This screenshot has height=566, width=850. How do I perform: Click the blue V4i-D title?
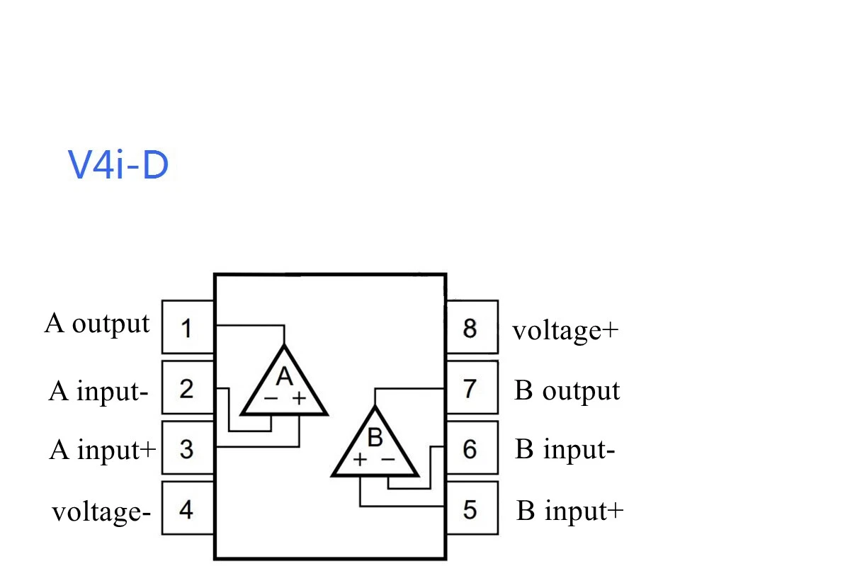point(118,164)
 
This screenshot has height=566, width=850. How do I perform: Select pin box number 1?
point(188,327)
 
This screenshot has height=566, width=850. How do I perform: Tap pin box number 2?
point(188,388)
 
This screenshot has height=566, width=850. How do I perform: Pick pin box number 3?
point(188,448)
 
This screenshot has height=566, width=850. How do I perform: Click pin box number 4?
point(188,509)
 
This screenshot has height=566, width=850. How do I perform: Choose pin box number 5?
point(471,509)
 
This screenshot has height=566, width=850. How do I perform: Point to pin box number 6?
point(471,448)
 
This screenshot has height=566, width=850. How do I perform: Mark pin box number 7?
point(471,388)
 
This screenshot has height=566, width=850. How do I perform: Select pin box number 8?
point(471,327)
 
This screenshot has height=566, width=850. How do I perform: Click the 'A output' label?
point(97,324)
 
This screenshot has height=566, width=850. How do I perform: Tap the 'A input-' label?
point(98,390)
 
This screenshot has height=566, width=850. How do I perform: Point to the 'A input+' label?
point(102,449)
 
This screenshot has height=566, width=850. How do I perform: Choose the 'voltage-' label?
point(101,511)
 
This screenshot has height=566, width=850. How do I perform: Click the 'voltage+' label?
point(565,331)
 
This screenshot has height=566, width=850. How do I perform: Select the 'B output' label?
point(567,390)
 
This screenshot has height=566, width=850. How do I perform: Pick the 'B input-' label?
point(565,450)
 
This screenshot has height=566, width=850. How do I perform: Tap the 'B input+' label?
point(569,511)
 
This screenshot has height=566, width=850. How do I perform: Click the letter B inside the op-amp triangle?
point(375,438)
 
